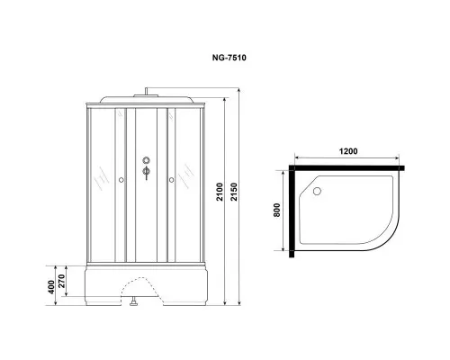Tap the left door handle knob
click(x=121, y=180)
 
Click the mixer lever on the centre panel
click(x=146, y=177)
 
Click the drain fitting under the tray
click(x=133, y=305)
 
